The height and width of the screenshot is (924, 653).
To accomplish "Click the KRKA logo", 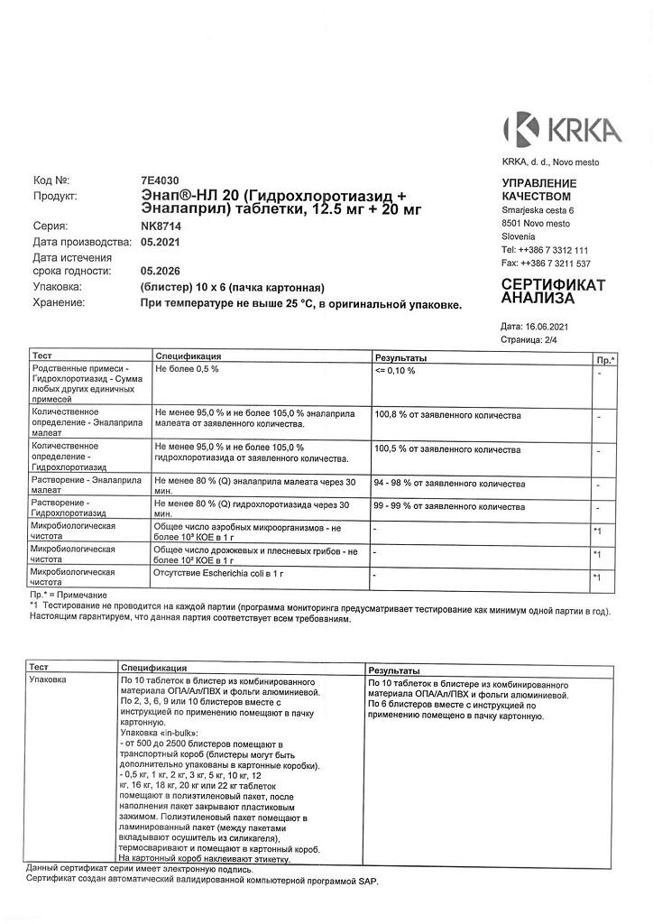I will pyautogui.click(x=562, y=129).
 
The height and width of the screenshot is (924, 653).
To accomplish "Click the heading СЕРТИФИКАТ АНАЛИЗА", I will pyautogui.click(x=553, y=291).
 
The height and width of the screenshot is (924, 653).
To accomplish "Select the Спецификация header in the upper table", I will pyautogui.click(x=189, y=356).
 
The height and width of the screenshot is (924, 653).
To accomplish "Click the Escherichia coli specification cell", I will pyautogui.click(x=220, y=572).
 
